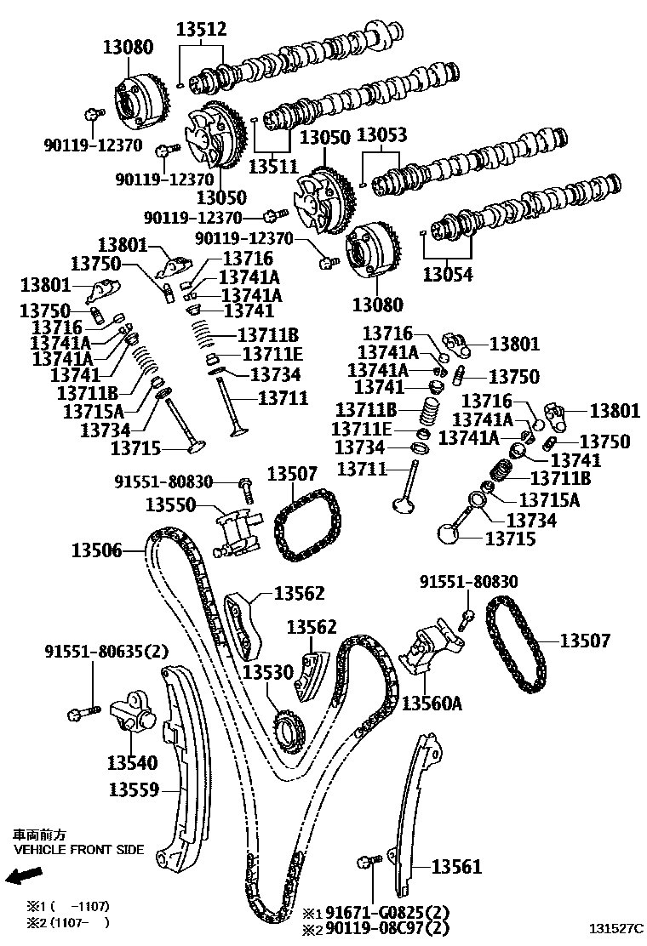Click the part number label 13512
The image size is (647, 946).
point(202,30)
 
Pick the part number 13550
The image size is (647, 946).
point(171,505)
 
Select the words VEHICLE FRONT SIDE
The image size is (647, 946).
point(78,849)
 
